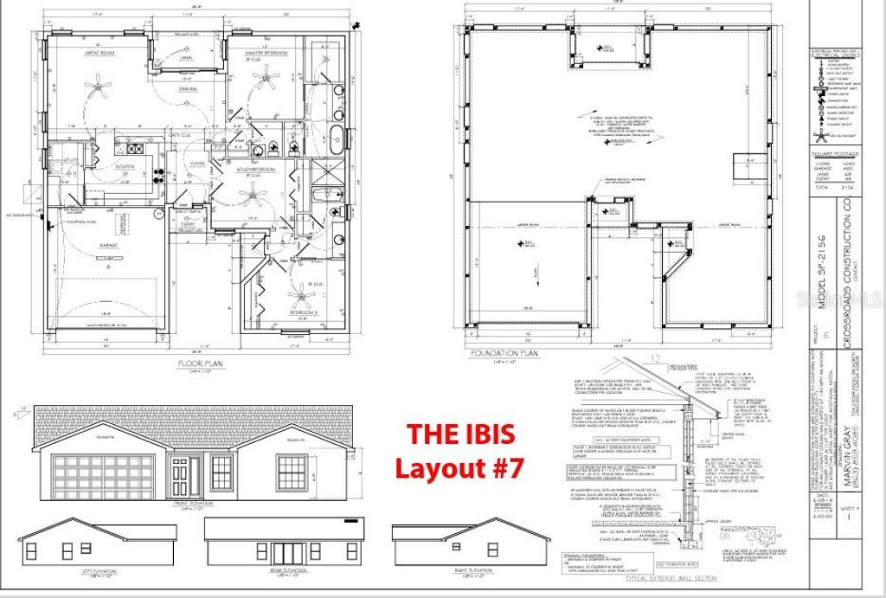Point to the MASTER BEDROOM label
266,53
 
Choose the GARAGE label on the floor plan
107,245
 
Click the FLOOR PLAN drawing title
200,363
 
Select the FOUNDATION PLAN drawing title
504,353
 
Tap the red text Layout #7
459,468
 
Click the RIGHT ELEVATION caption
472,570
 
